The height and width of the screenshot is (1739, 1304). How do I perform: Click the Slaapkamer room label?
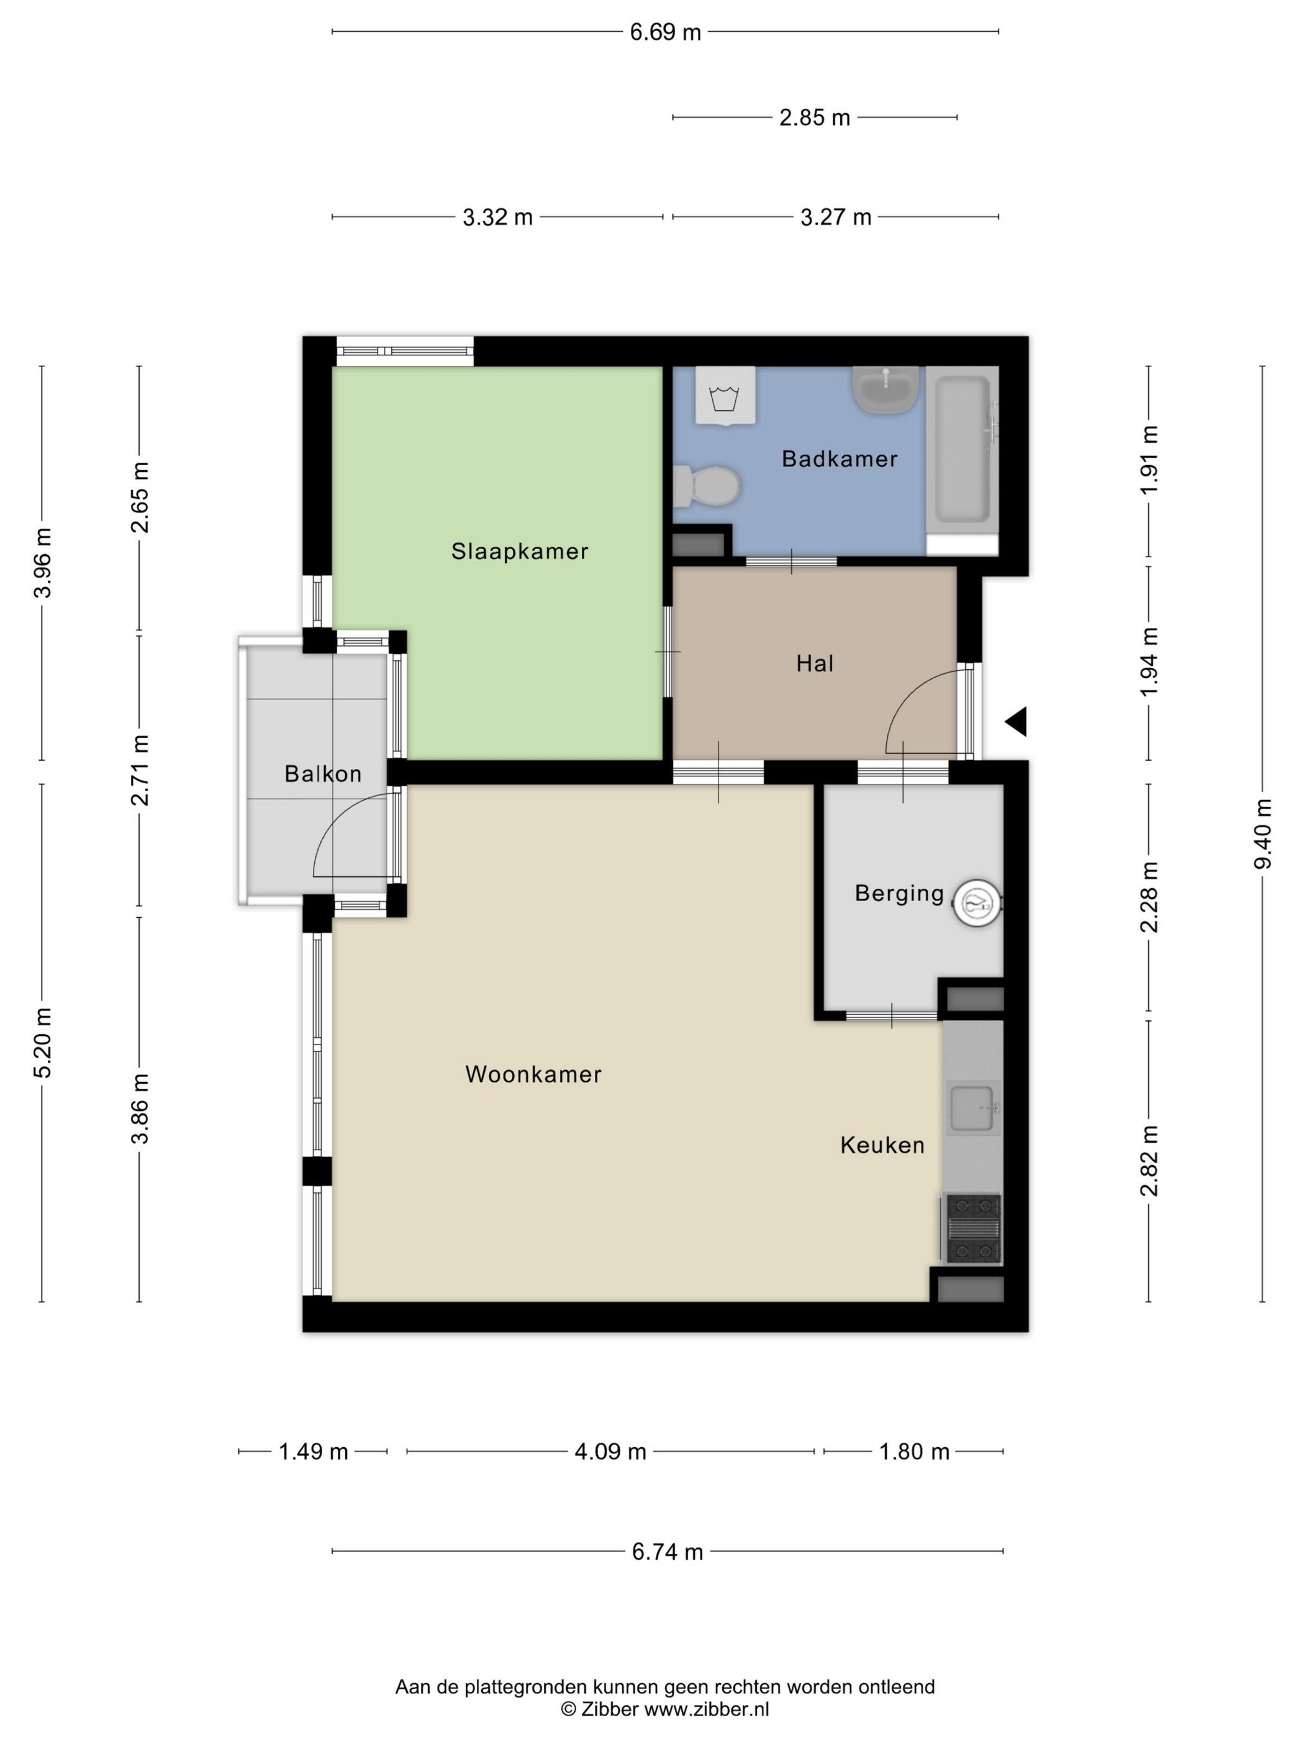tap(520, 551)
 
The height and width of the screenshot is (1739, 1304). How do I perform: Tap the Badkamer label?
tap(840, 459)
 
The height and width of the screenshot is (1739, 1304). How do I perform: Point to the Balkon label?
tap(323, 774)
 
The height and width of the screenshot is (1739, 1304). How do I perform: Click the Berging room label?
tap(899, 893)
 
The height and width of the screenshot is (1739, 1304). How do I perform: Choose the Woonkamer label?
tap(533, 1074)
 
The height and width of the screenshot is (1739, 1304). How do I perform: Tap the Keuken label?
tap(882, 1145)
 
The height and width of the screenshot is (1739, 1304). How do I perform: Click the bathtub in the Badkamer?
tap(962, 450)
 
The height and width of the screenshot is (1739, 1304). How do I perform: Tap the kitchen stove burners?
tap(972, 1228)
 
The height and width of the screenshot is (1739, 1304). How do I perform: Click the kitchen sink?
tap(973, 1108)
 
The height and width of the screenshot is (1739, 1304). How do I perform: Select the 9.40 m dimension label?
tap(1262, 833)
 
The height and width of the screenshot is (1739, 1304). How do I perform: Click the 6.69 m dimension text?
tap(665, 32)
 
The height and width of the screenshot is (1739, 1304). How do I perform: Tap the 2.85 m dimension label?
tap(814, 118)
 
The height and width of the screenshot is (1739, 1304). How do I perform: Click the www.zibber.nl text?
tap(707, 1709)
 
